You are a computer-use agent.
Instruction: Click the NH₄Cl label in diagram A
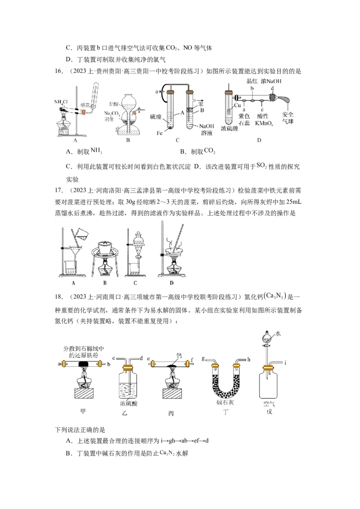click(61, 102)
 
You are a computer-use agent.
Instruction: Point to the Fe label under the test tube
click(161, 133)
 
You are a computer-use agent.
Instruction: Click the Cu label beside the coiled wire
click(239, 106)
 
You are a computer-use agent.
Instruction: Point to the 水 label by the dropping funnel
click(279, 333)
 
